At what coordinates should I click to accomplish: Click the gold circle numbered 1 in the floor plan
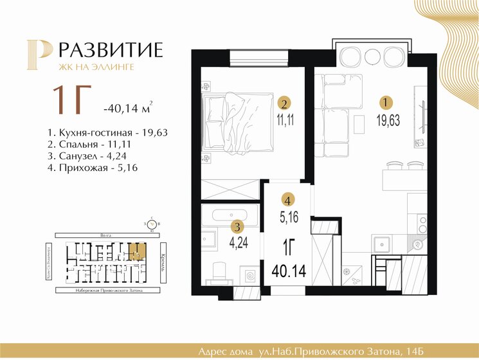click(384, 102)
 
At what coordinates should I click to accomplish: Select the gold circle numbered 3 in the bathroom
click(237, 226)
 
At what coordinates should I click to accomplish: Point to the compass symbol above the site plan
click(152, 224)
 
